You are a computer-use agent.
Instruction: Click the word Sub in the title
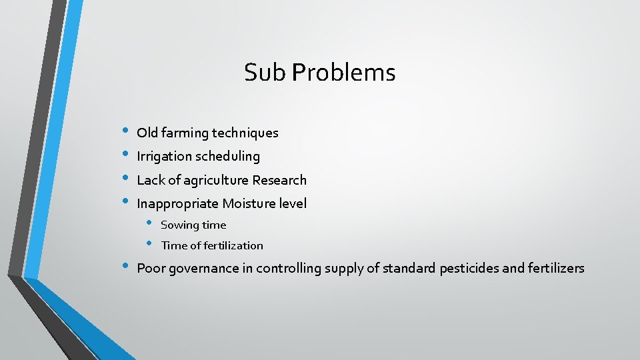point(259,72)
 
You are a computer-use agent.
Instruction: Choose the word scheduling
point(228,157)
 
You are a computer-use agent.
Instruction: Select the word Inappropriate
point(177,203)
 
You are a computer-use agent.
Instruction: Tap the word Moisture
point(247,203)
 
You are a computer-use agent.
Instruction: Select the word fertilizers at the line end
point(556,269)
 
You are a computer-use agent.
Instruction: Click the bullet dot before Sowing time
point(150,223)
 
